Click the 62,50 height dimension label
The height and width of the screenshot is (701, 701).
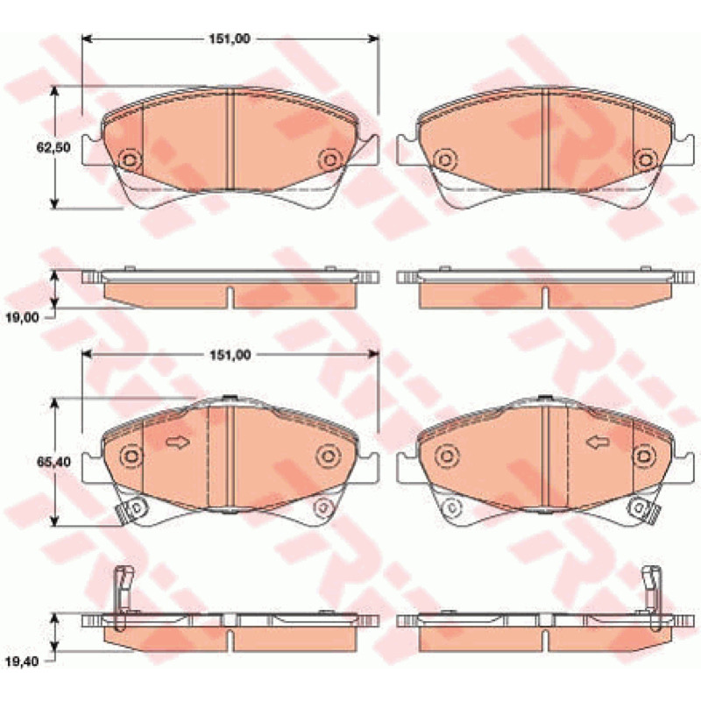(53, 146)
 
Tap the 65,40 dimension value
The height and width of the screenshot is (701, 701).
(53, 462)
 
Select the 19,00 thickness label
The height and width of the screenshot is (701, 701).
(23, 317)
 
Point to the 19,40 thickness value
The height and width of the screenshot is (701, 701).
(23, 661)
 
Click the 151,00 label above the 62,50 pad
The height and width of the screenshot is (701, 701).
(230, 39)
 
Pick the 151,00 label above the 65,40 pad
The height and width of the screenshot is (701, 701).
(230, 355)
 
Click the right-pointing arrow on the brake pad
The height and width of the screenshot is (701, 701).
(178, 443)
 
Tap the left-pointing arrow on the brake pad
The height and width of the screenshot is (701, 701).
(598, 443)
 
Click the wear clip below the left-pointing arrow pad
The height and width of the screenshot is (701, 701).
(644, 509)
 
